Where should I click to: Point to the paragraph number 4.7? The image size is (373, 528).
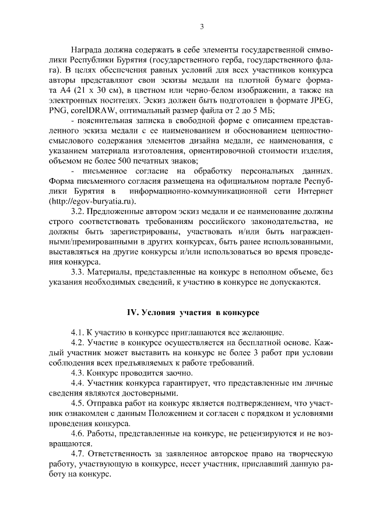79,464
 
